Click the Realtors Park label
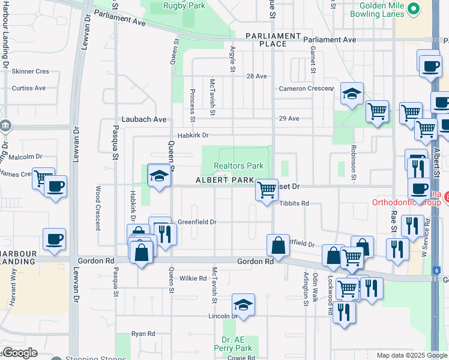pos(239,166)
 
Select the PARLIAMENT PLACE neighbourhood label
pos(273,40)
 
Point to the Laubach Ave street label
pos(145,119)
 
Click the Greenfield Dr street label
pos(196,222)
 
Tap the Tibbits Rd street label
pos(294,203)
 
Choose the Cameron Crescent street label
pos(306,89)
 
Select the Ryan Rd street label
pos(143,334)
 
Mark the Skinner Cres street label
pos(30,71)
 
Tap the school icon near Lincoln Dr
pos(243,305)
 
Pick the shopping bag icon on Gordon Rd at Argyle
pos(278,245)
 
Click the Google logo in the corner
pos(19,353)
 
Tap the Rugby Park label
pos(185,6)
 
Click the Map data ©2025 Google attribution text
pos(411,355)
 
